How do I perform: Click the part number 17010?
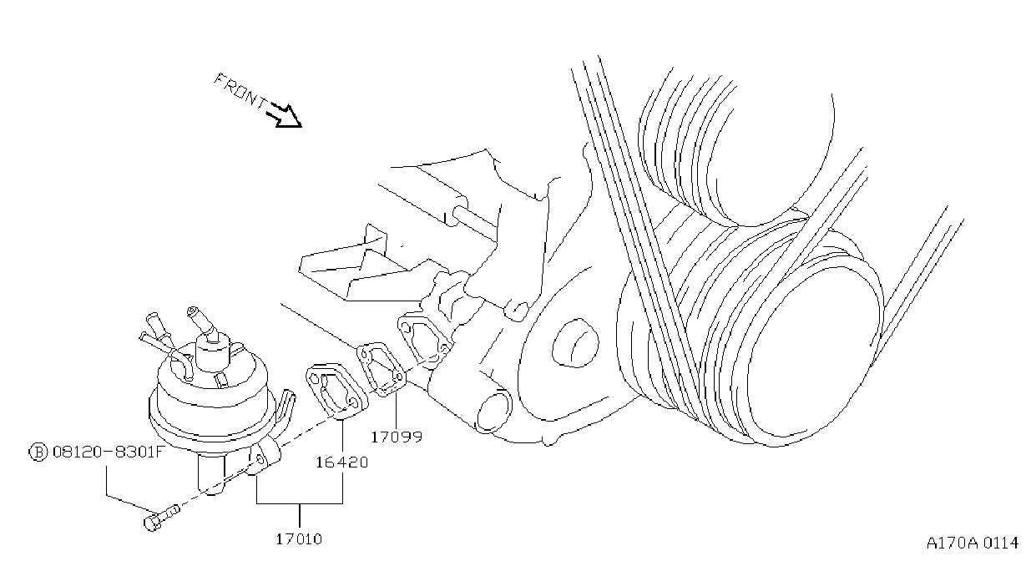click(x=299, y=539)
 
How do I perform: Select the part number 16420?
click(x=342, y=462)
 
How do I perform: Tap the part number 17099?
click(x=397, y=437)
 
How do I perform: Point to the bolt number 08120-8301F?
click(x=108, y=452)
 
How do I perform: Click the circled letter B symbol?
click(x=38, y=452)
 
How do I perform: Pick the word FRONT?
click(x=240, y=92)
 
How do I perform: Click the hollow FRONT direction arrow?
click(x=285, y=115)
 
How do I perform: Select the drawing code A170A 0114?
click(x=972, y=543)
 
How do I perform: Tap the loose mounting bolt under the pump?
click(x=161, y=518)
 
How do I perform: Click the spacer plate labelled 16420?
click(x=336, y=392)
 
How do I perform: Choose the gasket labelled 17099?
click(x=381, y=369)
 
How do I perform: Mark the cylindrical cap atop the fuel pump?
click(x=214, y=351)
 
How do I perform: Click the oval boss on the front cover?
click(x=576, y=342)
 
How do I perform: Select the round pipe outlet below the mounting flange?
click(x=493, y=411)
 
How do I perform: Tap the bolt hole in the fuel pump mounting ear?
click(x=260, y=459)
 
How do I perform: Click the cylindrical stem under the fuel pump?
click(x=211, y=474)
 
